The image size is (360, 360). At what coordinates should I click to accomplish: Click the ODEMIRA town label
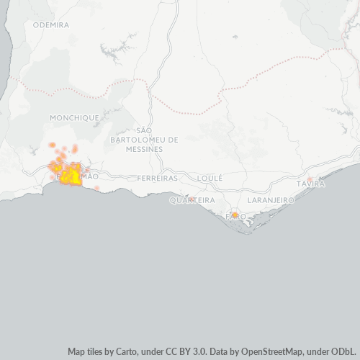point(51,24)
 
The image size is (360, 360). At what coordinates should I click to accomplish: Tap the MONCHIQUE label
point(74,117)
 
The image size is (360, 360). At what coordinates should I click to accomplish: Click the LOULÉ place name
point(210,177)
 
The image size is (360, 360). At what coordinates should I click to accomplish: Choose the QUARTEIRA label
point(192,200)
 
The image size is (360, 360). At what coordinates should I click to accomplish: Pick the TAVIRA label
point(310,184)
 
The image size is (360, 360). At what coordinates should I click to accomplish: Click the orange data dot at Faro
point(235,215)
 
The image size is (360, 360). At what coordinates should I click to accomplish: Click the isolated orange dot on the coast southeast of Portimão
point(97,188)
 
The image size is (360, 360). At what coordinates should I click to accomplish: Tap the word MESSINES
point(143,149)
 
